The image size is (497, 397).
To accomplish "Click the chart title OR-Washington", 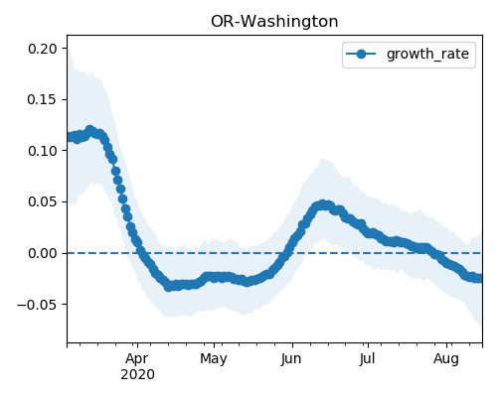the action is pos(274,22).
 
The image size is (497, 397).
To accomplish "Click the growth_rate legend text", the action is pos(427,54).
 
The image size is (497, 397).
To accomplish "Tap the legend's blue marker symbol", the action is pos(361,54).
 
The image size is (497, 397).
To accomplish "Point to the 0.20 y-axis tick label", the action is pos(43,49).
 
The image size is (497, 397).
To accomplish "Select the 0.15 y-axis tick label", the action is pos(43,99).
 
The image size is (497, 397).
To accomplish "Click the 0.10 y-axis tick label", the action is pos(43,151).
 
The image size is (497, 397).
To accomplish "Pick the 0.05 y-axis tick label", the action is pos(43,201).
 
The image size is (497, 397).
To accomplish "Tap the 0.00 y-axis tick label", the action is pos(43,253).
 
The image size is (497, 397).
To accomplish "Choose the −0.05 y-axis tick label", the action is pos(37,305).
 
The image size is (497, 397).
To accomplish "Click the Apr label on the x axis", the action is pos(137,359).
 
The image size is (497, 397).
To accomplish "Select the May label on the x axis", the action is pos(214,359).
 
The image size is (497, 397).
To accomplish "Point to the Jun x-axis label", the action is pos(291,359).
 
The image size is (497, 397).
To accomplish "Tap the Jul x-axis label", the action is pos(367,359).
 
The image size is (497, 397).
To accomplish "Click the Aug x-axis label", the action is pos(446,359).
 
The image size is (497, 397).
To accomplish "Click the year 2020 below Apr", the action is pos(137,375).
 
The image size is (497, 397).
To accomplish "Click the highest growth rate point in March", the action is pos(89,130).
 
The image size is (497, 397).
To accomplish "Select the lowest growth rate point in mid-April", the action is pos(168,287).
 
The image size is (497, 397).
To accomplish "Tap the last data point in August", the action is pos(479,278).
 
